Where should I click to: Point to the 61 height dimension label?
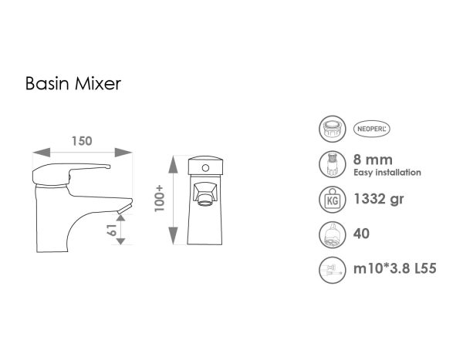[112, 229]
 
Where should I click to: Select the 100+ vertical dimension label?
[160, 199]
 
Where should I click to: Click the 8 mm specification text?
[370, 160]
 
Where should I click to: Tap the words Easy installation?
[387, 173]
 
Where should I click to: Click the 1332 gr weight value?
[379, 200]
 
